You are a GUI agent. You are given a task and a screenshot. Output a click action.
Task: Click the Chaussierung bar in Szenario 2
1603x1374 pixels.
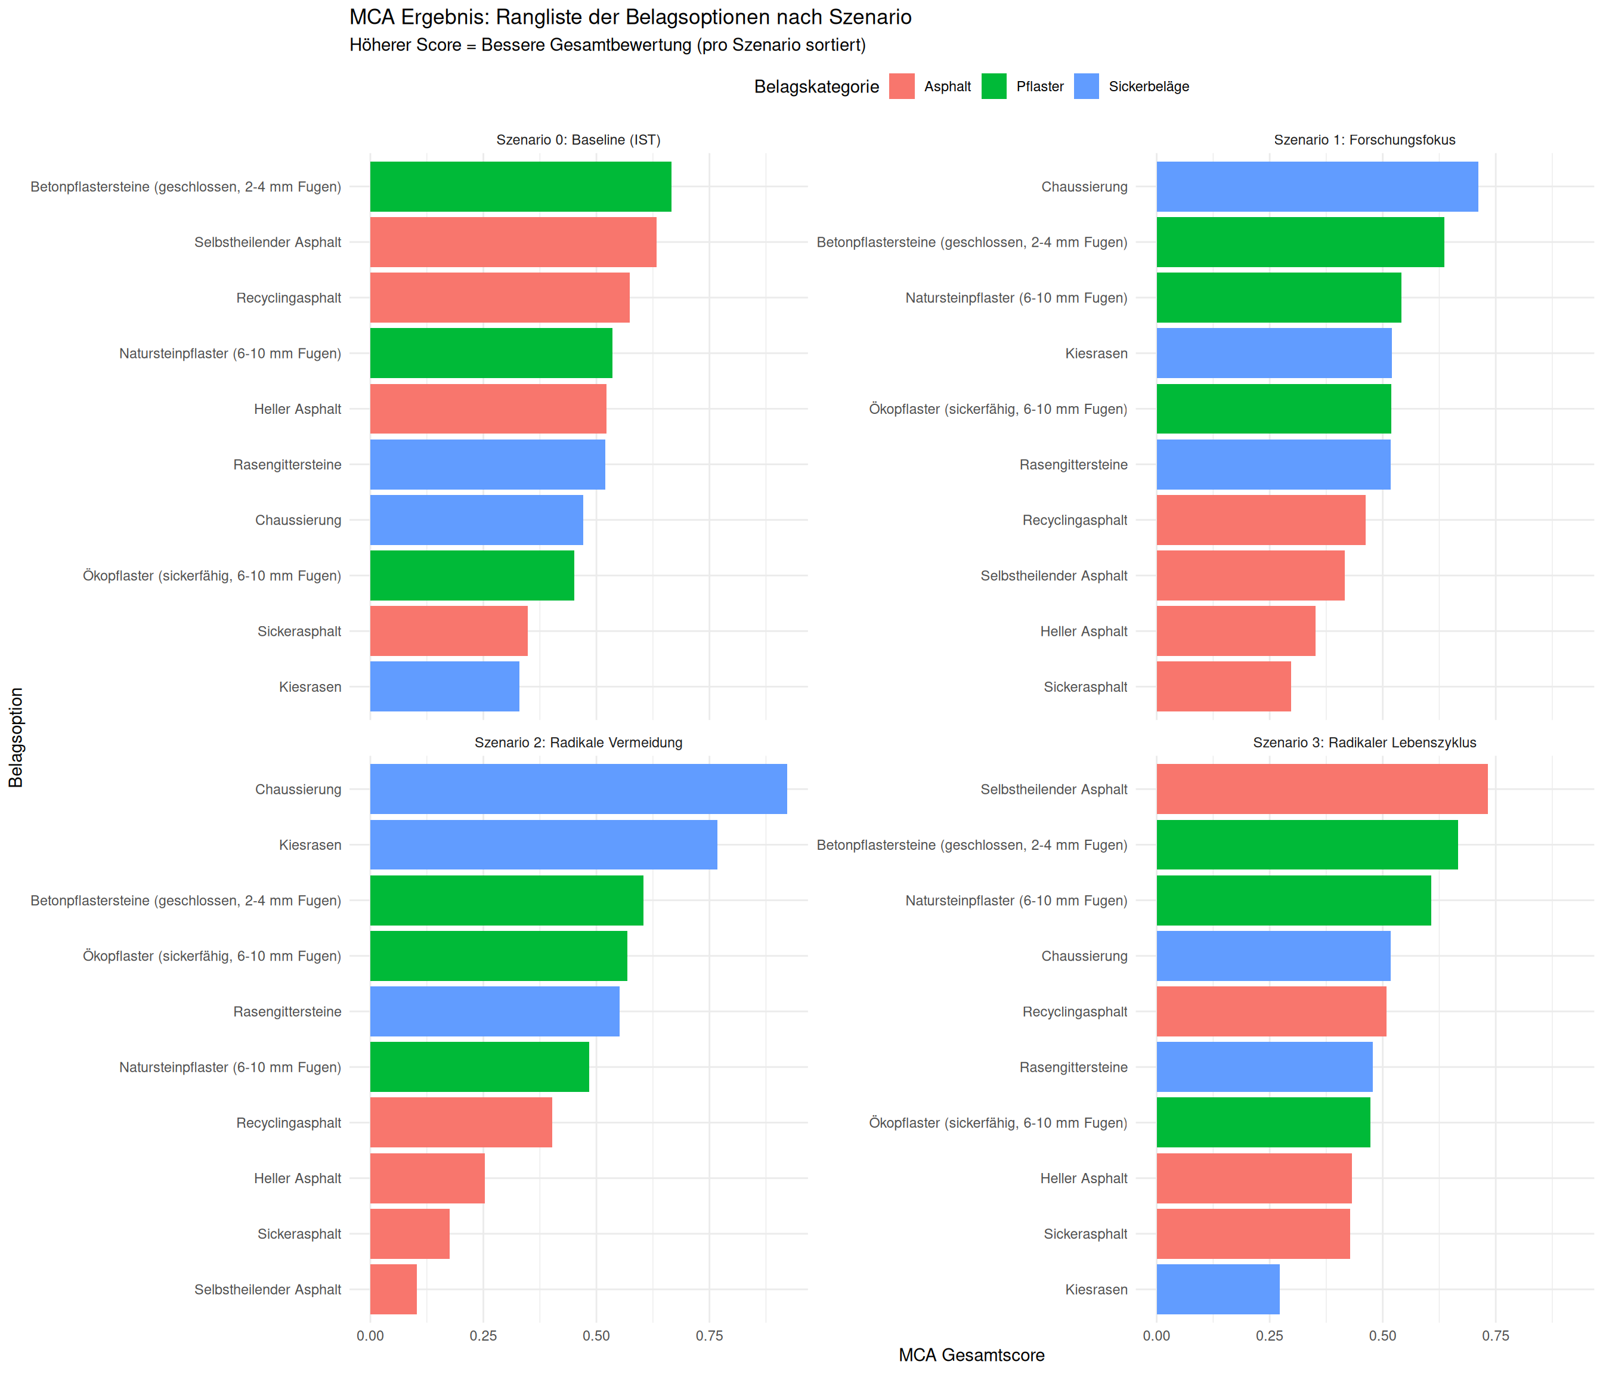tap(578, 789)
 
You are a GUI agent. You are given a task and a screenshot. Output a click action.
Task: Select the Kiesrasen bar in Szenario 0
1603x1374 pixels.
tap(444, 686)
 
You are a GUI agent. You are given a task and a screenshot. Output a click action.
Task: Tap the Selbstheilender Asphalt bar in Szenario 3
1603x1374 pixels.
tap(1322, 789)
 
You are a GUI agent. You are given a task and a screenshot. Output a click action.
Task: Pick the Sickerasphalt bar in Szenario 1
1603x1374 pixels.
tap(1223, 686)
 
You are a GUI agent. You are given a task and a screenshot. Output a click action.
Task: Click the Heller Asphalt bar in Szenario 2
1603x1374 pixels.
tap(427, 1178)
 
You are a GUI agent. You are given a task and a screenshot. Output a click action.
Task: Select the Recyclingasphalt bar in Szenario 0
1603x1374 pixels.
tap(499, 297)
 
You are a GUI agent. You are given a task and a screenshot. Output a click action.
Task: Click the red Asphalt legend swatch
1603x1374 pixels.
tap(901, 86)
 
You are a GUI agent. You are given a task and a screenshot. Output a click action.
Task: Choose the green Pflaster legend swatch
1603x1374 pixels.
tap(994, 86)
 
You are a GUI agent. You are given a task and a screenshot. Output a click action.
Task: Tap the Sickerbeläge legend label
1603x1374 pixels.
tap(1148, 86)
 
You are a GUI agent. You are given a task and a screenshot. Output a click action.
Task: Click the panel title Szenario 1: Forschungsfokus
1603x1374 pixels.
tap(1364, 140)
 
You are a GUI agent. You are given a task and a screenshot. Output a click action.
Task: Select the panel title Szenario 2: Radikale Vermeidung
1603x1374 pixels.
tap(578, 742)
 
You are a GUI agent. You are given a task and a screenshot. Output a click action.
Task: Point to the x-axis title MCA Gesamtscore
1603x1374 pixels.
tap(971, 1356)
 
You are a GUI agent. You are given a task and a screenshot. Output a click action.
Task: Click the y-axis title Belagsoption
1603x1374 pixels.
tap(16, 737)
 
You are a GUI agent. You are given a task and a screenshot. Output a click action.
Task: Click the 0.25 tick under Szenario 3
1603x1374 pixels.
tap(1270, 1336)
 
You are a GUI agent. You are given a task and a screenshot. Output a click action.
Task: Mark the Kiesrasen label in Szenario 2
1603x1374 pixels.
tap(310, 845)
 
